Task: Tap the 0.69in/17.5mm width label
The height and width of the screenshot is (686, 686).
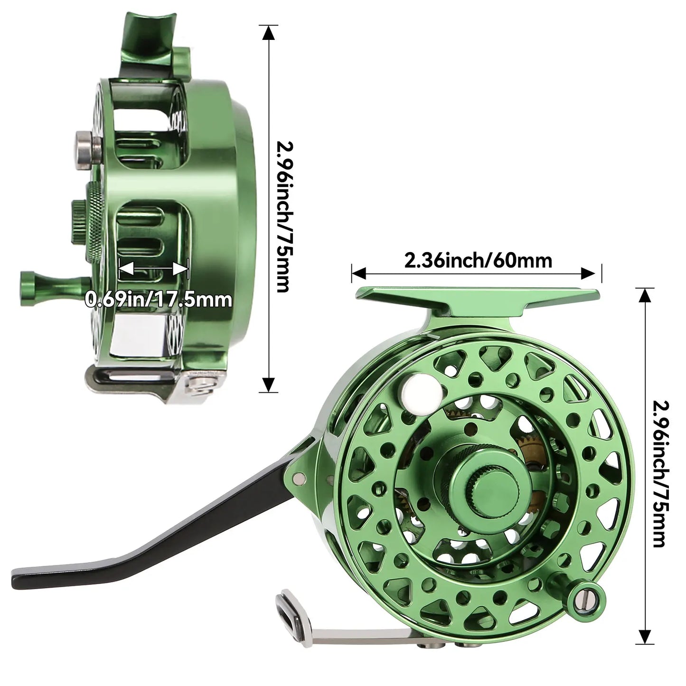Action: point(159,299)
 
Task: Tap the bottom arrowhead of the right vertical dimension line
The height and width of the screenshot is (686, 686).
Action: point(644,636)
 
